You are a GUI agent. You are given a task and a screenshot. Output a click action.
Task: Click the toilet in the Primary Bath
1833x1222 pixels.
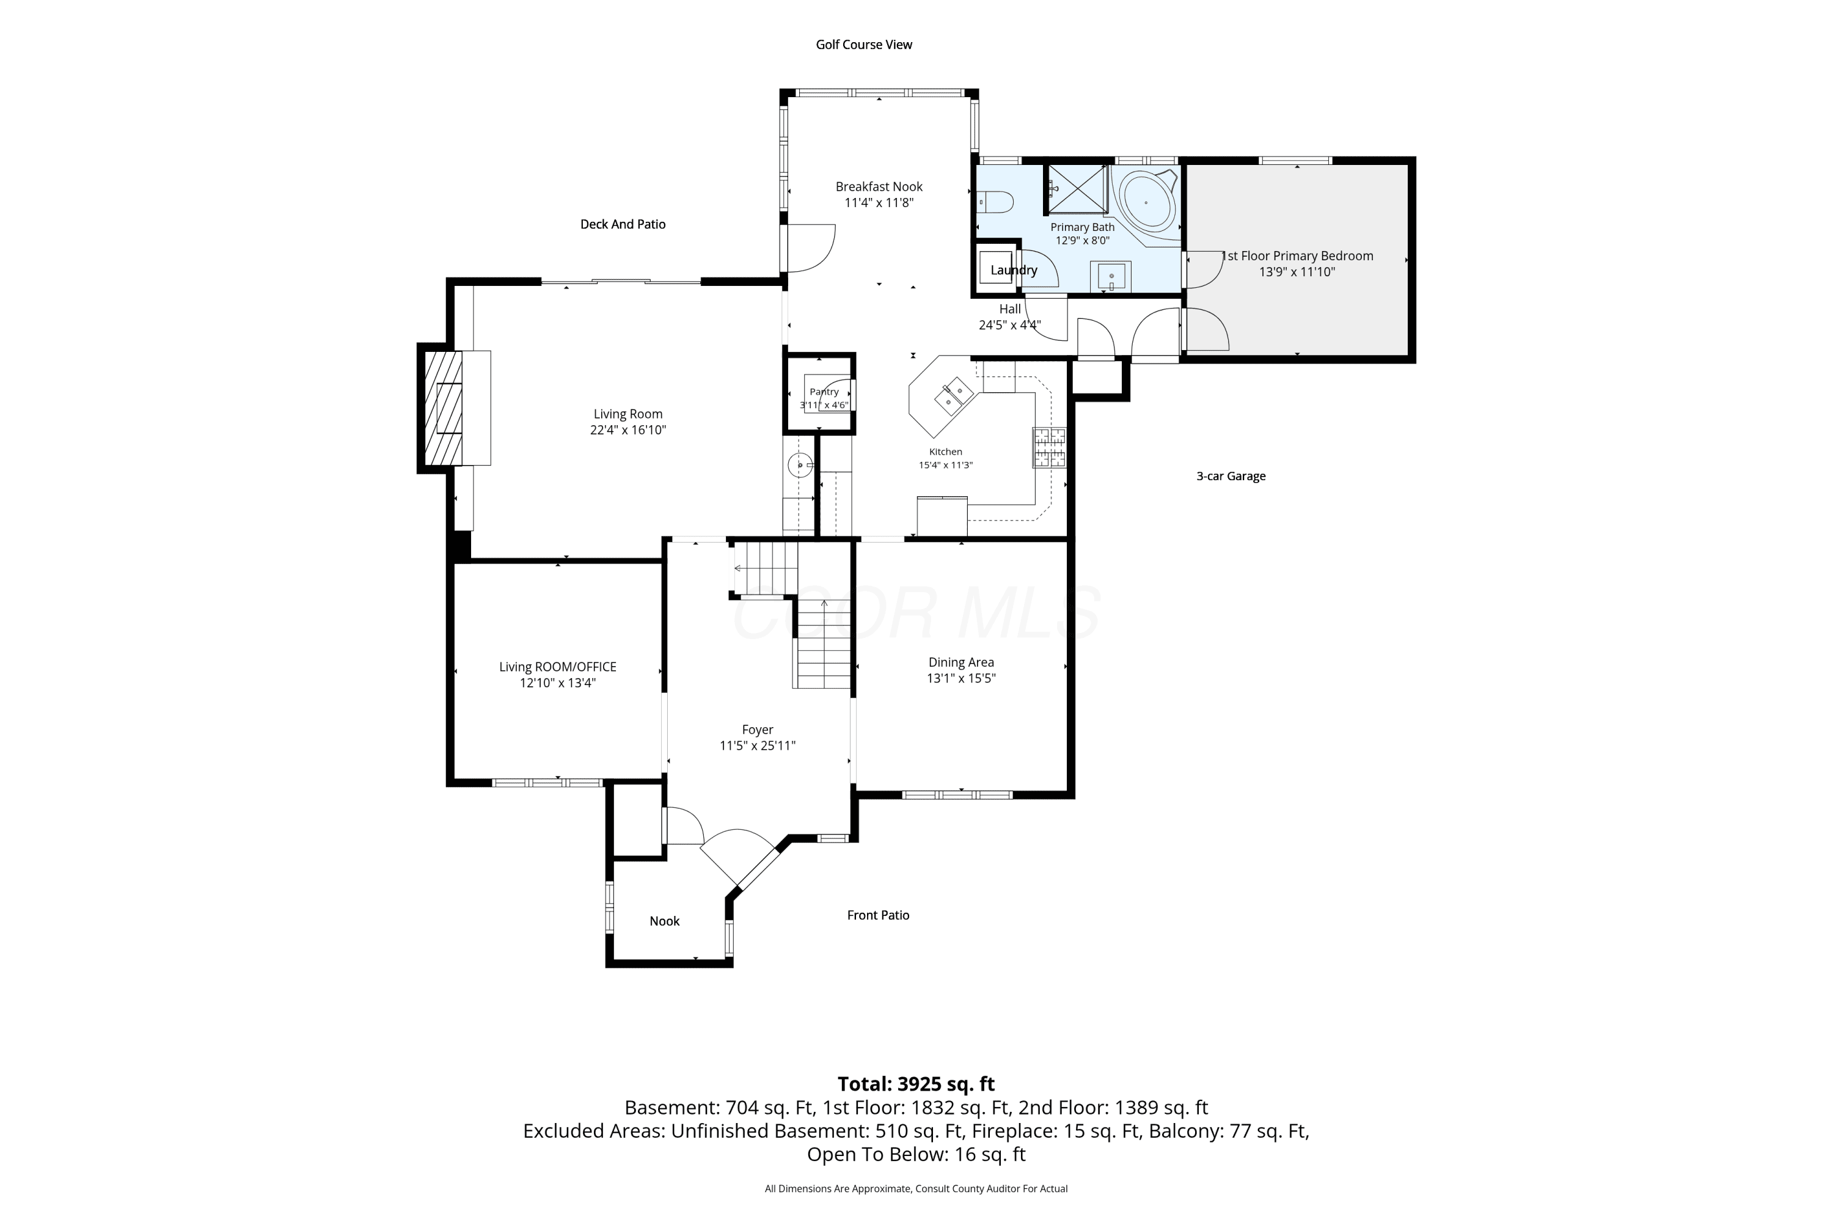click(995, 203)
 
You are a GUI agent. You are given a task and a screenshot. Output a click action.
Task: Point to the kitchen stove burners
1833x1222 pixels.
click(1049, 447)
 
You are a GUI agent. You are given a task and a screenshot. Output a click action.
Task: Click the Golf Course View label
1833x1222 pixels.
click(863, 45)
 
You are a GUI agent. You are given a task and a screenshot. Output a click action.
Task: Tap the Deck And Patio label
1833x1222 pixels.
click(623, 224)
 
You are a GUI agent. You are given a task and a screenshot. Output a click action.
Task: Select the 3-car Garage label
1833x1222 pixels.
click(1231, 476)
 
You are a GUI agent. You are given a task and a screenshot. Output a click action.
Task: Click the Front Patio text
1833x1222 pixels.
click(879, 915)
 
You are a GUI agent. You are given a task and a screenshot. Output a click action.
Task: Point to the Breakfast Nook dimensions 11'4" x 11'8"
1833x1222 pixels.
click(879, 203)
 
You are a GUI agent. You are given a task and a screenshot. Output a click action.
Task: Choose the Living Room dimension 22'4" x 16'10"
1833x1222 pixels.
click(628, 430)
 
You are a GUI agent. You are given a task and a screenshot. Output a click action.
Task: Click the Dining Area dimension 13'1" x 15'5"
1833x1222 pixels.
click(961, 678)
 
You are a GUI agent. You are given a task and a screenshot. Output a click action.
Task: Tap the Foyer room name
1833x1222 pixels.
click(758, 730)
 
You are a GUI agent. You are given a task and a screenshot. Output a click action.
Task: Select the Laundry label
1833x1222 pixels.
click(1014, 271)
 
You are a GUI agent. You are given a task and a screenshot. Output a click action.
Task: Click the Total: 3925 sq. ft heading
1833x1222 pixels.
click(916, 1084)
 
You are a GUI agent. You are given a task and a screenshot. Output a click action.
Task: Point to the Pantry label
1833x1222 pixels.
click(824, 392)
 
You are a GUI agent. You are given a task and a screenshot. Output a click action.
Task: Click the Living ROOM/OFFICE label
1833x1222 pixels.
click(558, 667)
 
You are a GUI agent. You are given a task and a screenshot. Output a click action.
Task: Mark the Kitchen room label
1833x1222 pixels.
click(945, 452)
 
